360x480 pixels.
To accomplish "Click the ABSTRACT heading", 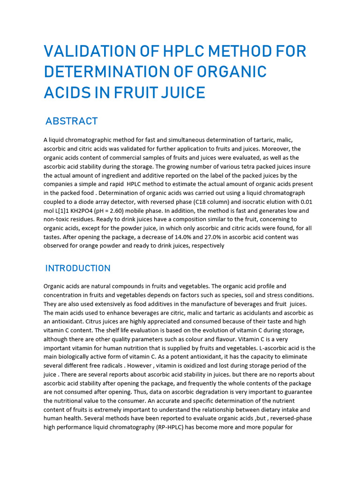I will [71, 121].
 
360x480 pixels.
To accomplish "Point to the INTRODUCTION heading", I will [78, 269].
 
